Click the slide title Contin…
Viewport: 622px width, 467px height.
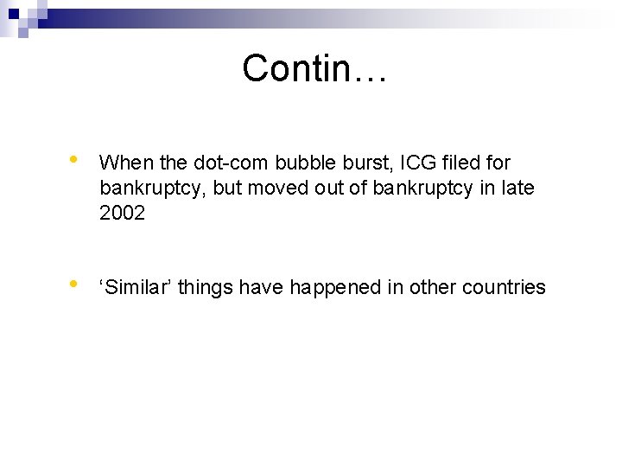coord(315,68)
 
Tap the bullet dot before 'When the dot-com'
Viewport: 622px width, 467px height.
coord(75,159)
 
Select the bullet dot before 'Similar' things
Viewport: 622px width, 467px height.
coord(75,284)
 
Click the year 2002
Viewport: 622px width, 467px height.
coord(123,213)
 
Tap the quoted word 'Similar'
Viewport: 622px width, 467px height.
coord(138,287)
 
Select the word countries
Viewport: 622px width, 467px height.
coord(504,287)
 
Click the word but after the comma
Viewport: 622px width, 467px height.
coord(226,188)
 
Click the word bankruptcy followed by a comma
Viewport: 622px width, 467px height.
coord(153,188)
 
